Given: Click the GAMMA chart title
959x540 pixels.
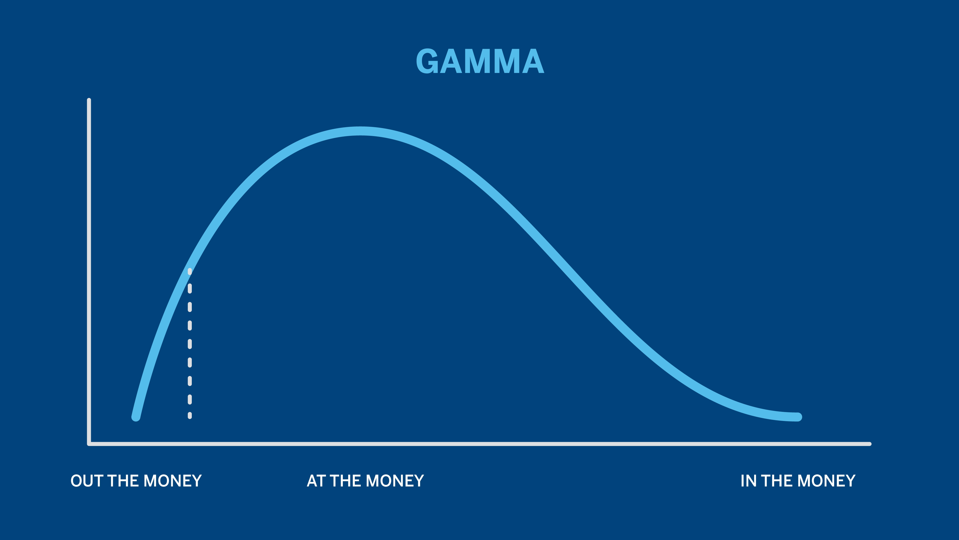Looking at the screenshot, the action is [480, 61].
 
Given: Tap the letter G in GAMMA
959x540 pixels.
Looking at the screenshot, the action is [427, 61].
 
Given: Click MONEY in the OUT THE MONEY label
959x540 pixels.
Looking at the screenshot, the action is [172, 481].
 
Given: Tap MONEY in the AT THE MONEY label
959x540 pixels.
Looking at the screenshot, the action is [395, 481].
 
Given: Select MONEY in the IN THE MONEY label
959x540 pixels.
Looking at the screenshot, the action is [826, 481].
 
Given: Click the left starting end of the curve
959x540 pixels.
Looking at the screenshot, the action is [136, 417].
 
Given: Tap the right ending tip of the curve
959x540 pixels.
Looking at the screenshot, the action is [797, 417].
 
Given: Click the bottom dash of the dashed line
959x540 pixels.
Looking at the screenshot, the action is [190, 415].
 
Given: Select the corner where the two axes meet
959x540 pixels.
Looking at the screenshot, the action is [89, 444].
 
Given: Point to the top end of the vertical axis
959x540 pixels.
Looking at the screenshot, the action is [89, 100].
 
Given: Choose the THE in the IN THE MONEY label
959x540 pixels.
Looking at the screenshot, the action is [777, 481].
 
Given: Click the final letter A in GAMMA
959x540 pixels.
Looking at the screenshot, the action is [533, 61].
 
